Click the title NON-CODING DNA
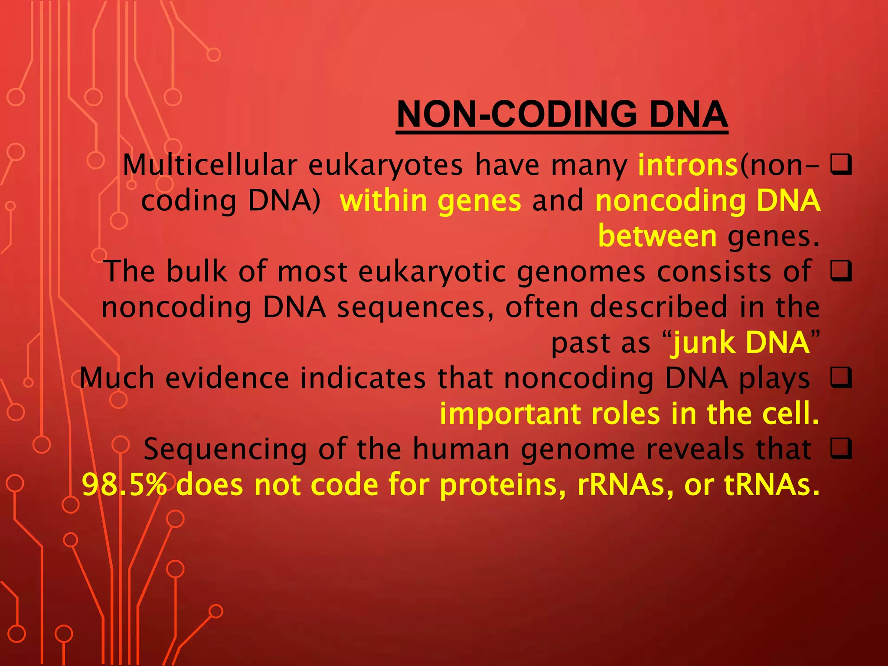point(562,114)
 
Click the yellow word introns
point(688,166)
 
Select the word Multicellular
point(210,166)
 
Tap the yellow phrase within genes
point(430,201)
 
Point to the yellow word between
point(657,237)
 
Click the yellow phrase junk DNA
point(740,343)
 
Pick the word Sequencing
point(225,449)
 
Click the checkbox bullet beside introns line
point(841,166)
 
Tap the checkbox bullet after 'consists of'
point(841,272)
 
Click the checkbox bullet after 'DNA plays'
point(841,378)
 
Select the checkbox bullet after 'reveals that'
point(841,449)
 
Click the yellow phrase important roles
point(550,414)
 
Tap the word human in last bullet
point(461,449)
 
